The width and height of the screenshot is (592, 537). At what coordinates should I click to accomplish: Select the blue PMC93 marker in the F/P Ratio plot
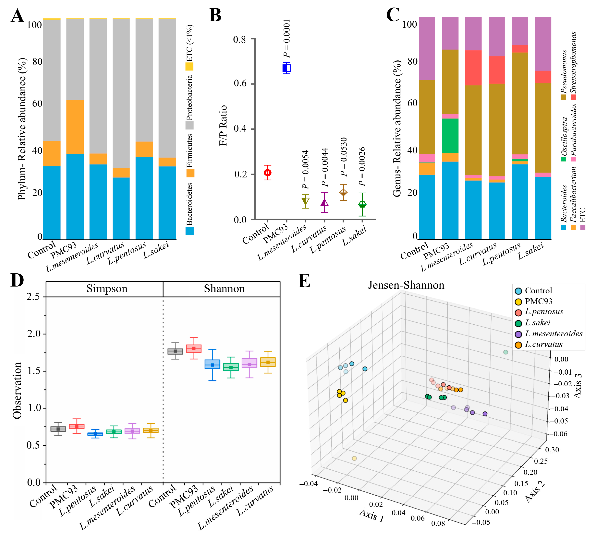286,68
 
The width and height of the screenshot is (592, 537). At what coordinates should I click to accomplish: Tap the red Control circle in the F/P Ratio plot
267,172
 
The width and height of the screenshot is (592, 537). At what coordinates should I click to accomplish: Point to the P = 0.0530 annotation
344,157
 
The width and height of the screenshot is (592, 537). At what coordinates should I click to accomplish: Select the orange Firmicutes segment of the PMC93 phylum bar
75,127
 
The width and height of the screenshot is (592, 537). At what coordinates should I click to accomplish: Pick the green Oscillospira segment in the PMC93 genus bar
450,136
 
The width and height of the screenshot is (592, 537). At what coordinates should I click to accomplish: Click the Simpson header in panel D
107,289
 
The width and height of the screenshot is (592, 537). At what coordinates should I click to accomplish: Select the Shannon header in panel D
224,289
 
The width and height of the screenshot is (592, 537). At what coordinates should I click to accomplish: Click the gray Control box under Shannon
175,351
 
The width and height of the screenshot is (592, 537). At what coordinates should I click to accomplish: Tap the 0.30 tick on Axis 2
552,450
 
